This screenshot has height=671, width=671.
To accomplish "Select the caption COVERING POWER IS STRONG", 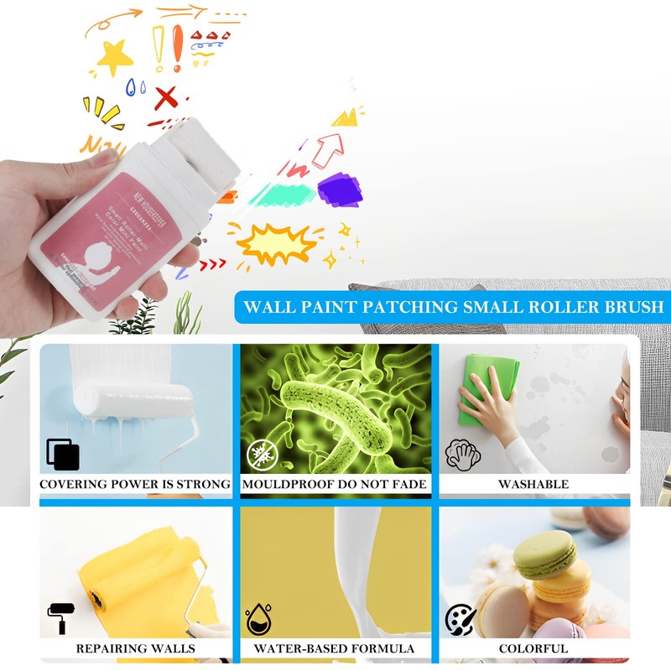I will (134, 484).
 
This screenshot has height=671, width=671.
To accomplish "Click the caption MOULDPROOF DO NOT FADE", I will (335, 484).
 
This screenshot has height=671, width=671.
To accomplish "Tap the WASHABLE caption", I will (533, 484).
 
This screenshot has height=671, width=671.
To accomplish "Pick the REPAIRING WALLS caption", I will (135, 648).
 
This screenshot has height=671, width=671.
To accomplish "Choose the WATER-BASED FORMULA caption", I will (335, 648).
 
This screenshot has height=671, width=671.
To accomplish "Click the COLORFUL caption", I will (533, 648).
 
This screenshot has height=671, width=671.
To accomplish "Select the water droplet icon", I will (258, 620).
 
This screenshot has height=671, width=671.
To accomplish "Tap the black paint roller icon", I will (60, 619).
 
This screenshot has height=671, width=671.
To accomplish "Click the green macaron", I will (544, 554).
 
